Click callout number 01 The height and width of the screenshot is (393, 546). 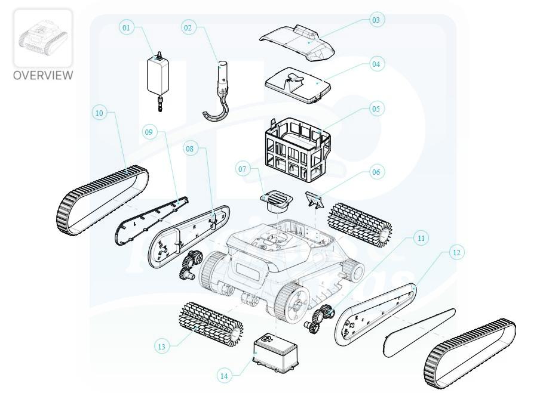[127, 27]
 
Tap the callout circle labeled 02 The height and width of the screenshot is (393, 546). [188, 27]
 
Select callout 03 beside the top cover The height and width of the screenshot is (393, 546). [376, 20]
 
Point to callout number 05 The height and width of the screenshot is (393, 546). [376, 109]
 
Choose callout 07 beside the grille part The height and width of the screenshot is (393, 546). [243, 169]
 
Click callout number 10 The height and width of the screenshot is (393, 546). [99, 113]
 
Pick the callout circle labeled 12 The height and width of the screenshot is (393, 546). [456, 252]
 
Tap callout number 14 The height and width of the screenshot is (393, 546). [224, 376]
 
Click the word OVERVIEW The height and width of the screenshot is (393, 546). [43, 75]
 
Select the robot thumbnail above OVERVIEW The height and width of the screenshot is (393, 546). [43, 38]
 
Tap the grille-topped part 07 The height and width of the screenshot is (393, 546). [277, 203]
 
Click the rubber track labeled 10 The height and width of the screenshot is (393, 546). [102, 201]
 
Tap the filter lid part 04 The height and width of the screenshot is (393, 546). [297, 85]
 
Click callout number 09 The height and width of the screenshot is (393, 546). [149, 132]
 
